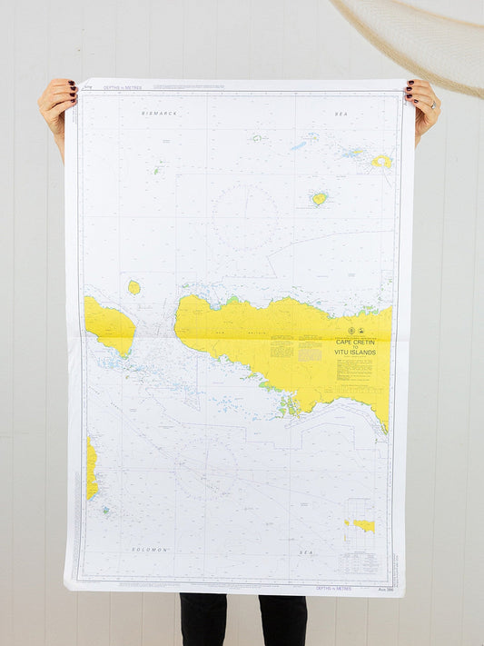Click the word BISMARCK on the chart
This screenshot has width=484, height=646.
pyautogui.click(x=160, y=113)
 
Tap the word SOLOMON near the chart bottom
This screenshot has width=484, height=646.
pyautogui.click(x=152, y=550)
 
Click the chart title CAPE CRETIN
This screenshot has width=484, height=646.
pyautogui.click(x=356, y=343)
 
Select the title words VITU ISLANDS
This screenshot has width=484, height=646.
pyautogui.click(x=355, y=351)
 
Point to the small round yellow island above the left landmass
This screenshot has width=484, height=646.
pyautogui.click(x=133, y=287)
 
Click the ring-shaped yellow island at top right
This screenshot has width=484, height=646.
pyautogui.click(x=382, y=162)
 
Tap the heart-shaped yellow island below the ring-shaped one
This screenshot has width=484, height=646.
pyautogui.click(x=319, y=198)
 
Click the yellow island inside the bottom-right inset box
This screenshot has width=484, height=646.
pyautogui.click(x=364, y=525)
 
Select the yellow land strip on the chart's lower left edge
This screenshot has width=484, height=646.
pyautogui.click(x=91, y=468)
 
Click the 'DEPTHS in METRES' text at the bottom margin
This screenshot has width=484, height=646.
pyautogui.click(x=335, y=589)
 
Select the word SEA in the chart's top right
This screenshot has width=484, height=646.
pyautogui.click(x=341, y=114)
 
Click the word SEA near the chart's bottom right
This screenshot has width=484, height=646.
pyautogui.click(x=307, y=552)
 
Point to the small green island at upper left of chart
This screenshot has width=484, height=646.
pyautogui.click(x=158, y=169)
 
